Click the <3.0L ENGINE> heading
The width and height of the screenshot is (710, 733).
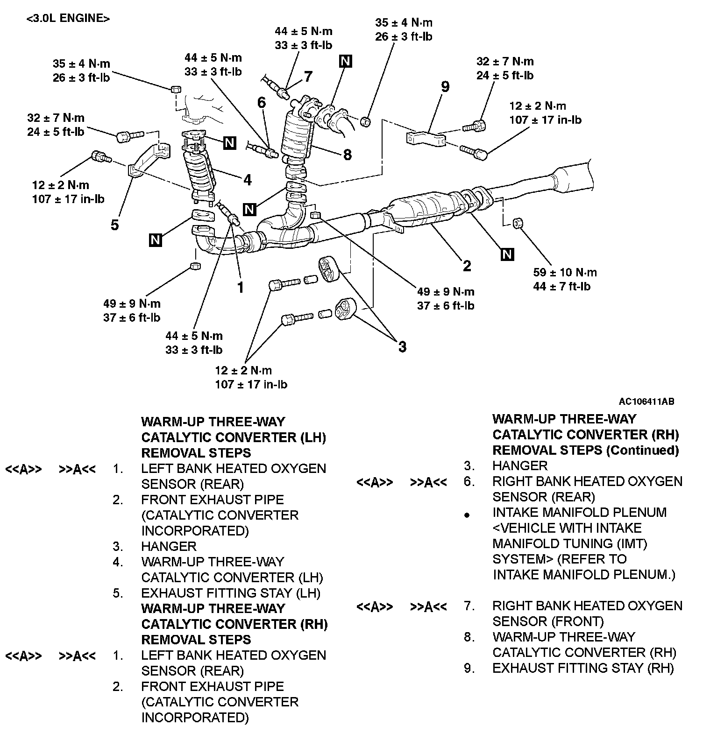click(x=68, y=19)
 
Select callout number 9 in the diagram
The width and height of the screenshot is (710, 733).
click(x=445, y=87)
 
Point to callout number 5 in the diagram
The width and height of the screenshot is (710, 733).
click(x=115, y=225)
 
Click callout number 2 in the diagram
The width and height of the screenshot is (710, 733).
click(x=467, y=266)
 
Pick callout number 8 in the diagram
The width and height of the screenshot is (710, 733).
click(x=347, y=155)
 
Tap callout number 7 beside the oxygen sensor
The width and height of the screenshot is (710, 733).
click(x=308, y=76)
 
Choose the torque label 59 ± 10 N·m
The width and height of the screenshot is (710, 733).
click(x=565, y=272)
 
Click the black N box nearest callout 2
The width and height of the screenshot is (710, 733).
click(x=507, y=254)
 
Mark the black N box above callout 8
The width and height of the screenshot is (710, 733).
click(x=346, y=61)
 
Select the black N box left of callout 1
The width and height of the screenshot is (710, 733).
click(x=156, y=240)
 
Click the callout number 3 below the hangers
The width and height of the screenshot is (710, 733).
click(x=402, y=346)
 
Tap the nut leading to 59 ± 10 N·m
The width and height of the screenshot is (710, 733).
click(x=517, y=223)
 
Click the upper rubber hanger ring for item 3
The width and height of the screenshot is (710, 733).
click(x=328, y=270)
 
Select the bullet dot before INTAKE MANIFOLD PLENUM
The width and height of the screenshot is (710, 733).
click(x=466, y=515)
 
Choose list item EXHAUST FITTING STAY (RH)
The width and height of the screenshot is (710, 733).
click(x=583, y=668)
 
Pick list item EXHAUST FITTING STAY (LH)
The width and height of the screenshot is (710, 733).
click(x=231, y=593)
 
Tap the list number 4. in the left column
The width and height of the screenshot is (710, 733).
click(x=118, y=562)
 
